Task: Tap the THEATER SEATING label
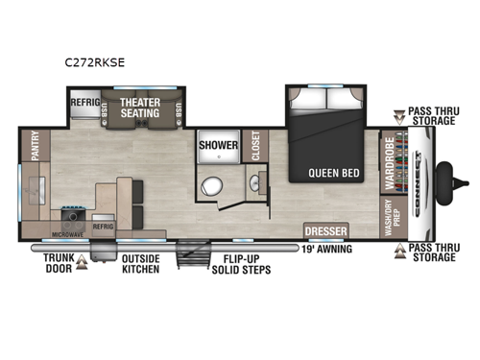tap(139, 107)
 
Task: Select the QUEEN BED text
tap(333, 174)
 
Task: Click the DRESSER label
tap(325, 230)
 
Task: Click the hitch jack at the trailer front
tap(445, 178)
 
